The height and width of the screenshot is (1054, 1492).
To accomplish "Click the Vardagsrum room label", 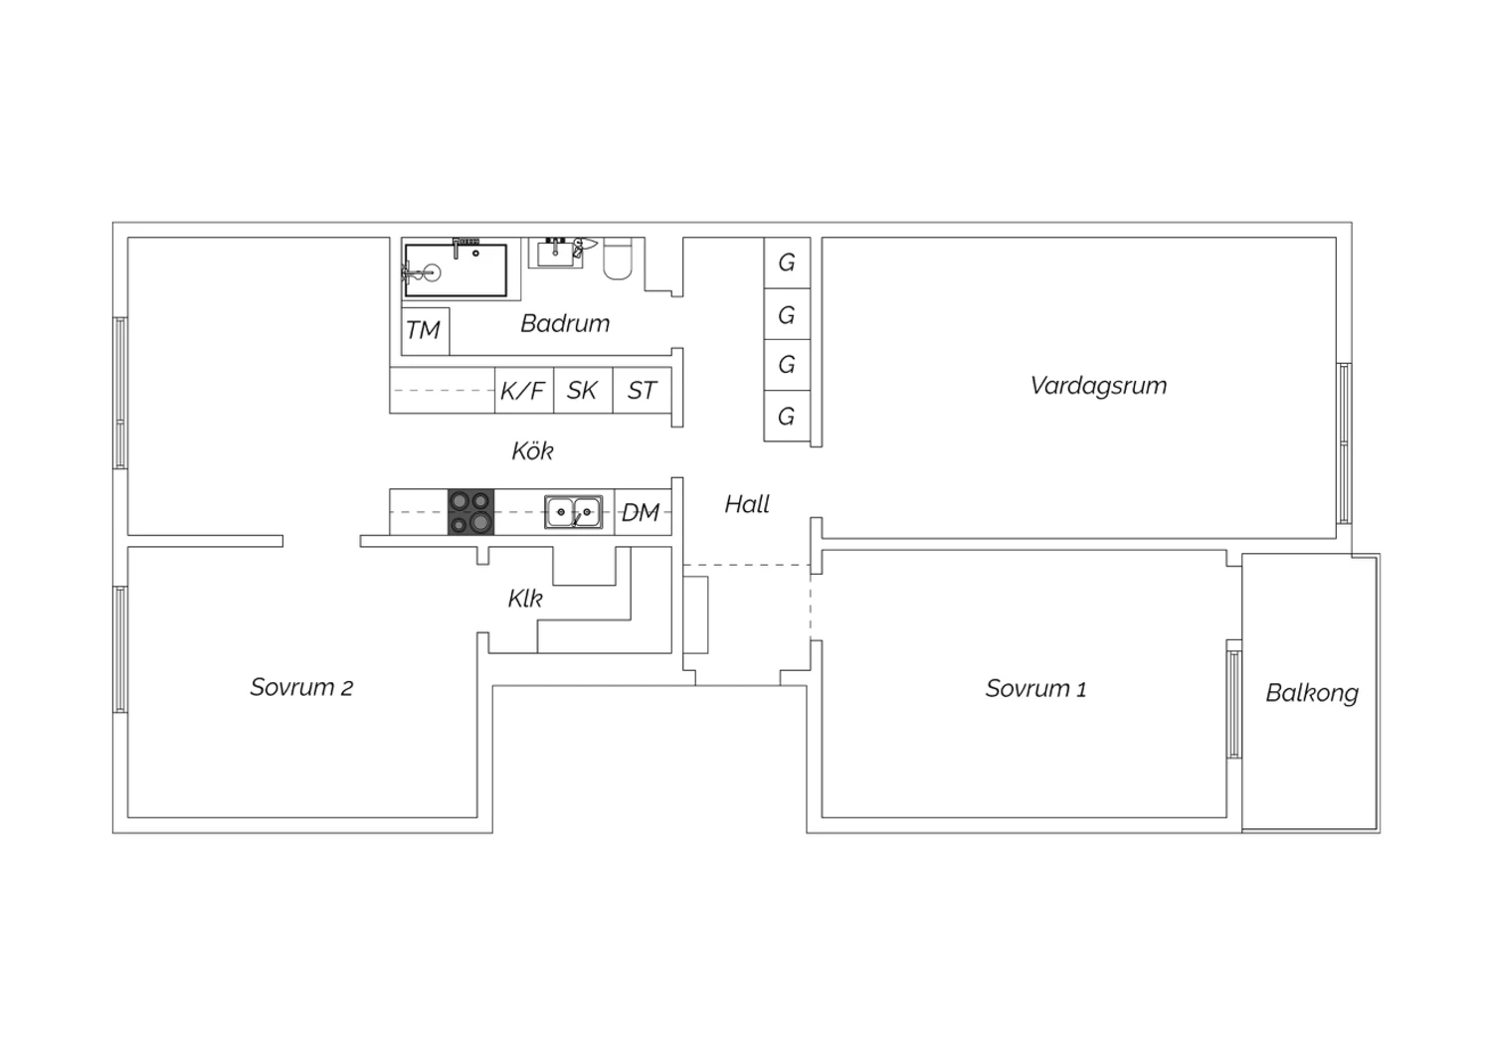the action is tap(1098, 386).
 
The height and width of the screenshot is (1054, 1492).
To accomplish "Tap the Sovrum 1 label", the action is tap(1035, 688).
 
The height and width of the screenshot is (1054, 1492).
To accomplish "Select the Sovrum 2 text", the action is tap(301, 687).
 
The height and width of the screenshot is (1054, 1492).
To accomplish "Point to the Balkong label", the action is tap(1312, 693).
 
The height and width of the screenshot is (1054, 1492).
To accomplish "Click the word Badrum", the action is tap(565, 323).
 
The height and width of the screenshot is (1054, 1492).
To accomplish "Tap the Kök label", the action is tap(532, 450).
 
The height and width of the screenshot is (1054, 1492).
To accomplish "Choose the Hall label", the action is tap(747, 504).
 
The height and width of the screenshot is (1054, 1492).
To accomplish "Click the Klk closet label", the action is tap(525, 599).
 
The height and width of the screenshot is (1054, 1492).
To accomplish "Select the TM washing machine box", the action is tap(426, 331).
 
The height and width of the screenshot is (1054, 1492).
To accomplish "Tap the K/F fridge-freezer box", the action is tap(524, 390).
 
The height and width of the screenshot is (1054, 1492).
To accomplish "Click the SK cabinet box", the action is tap(583, 390).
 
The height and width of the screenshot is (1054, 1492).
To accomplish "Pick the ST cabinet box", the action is tap(643, 390).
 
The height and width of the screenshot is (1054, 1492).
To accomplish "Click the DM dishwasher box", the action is tap(643, 512).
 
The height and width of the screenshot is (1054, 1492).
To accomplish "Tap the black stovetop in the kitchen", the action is tap(470, 512).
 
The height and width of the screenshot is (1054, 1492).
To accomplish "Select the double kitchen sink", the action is tap(574, 511).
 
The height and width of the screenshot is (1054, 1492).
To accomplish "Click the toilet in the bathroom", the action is tap(618, 259).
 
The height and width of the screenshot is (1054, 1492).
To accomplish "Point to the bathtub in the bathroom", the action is tap(456, 269).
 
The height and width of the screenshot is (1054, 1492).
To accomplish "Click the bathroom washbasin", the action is tap(555, 253).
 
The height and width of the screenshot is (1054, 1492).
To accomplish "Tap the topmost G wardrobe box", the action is tap(787, 263).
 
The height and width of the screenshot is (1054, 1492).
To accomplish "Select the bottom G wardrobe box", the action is tap(787, 417).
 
